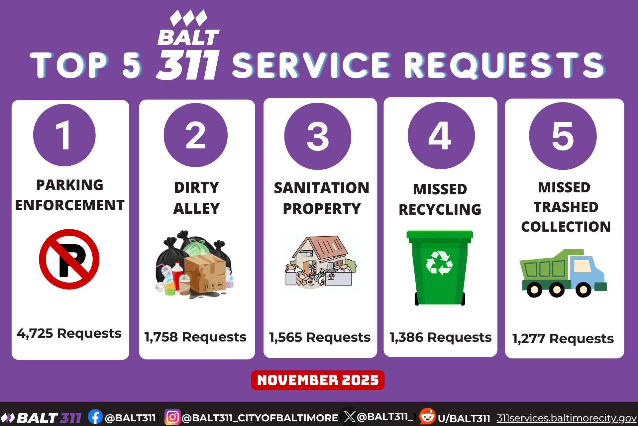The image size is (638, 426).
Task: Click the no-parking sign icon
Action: [x=69, y=259]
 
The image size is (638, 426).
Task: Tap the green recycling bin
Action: [x=440, y=268]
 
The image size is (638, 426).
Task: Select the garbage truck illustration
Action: [x=563, y=273]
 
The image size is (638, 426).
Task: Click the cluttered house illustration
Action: [x=321, y=261]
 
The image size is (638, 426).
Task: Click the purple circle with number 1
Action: [x=64, y=135]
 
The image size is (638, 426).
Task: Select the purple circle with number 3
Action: [x=318, y=136]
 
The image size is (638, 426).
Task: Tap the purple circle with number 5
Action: [x=563, y=136]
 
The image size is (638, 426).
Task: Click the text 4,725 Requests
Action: [x=69, y=333]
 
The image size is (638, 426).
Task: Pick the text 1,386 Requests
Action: [x=440, y=337]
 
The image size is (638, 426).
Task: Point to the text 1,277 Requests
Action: [x=563, y=339]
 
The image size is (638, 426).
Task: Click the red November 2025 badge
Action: [x=318, y=380]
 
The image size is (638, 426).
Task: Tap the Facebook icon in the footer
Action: [x=95, y=417]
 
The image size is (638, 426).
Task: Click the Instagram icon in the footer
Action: [x=172, y=417]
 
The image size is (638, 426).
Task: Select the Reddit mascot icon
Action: [x=427, y=416]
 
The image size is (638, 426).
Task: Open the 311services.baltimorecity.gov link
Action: [x=567, y=418]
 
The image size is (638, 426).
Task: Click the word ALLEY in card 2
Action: [x=196, y=209]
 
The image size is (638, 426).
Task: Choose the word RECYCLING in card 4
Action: [x=440, y=210]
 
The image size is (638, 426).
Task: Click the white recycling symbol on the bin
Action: [x=439, y=263]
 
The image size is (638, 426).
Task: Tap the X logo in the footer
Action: [x=350, y=417]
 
